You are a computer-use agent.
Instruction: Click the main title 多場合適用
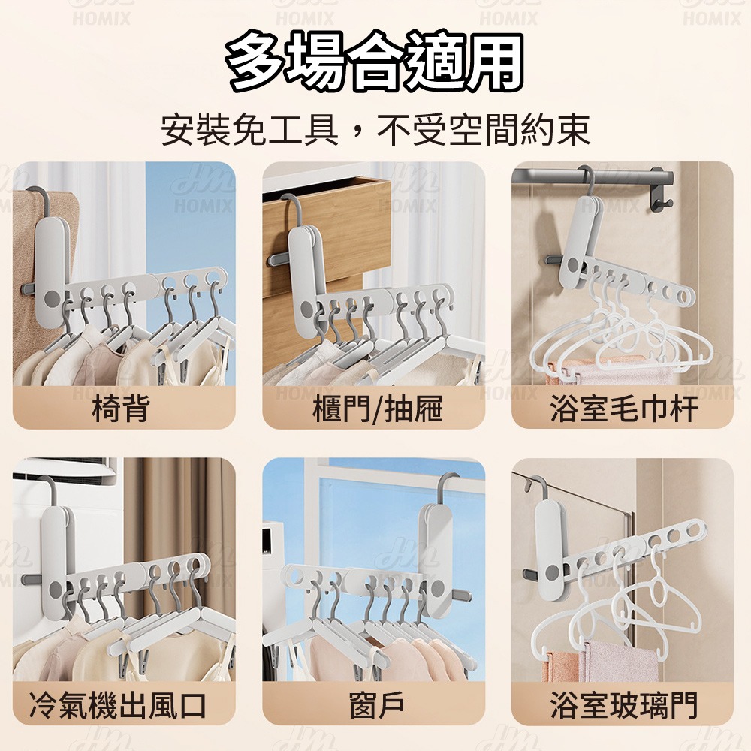375,62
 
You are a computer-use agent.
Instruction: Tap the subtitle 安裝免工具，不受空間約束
375,129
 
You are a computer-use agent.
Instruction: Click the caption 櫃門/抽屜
377,409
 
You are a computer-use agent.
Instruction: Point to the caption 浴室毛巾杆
623,409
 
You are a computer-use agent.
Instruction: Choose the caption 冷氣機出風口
118,705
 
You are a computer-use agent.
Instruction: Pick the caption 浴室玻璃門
623,705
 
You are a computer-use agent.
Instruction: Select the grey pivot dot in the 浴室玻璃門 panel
553,572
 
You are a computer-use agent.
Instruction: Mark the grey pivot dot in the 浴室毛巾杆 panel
572,265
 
